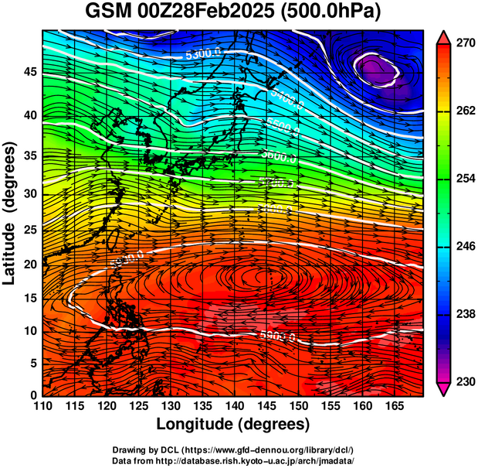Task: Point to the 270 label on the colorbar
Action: click(x=464, y=43)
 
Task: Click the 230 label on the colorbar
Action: click(x=464, y=381)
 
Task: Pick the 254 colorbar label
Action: click(x=464, y=179)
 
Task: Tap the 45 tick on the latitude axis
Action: click(x=29, y=73)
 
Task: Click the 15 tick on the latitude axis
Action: click(x=29, y=299)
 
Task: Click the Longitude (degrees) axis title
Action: click(x=232, y=424)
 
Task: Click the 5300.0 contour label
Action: click(x=203, y=54)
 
